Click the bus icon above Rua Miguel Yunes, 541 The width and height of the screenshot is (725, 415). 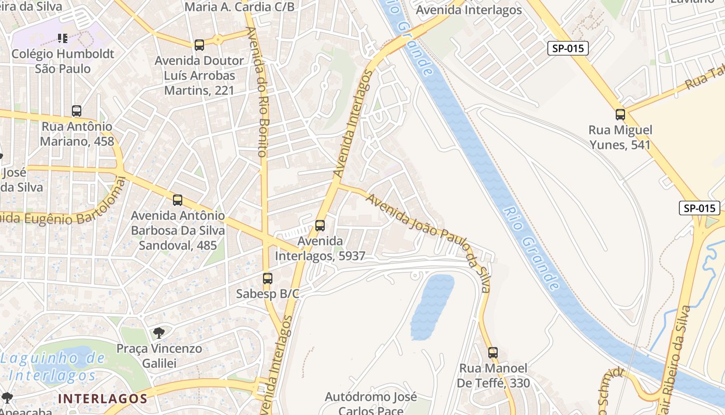click(620, 115)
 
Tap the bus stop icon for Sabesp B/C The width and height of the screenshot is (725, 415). click(267, 279)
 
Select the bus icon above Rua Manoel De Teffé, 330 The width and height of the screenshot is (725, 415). click(493, 353)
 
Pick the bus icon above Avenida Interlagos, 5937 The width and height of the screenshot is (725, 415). click(320, 226)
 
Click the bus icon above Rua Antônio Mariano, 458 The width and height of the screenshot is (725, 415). click(77, 111)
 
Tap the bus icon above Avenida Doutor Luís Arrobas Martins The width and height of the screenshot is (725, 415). click(199, 45)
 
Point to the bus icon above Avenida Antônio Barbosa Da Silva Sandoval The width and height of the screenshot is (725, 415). click(178, 200)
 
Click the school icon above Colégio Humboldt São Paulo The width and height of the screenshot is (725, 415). click(63, 38)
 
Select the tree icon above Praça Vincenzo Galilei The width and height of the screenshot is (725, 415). click(159, 333)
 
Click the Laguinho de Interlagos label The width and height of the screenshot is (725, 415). click(53, 366)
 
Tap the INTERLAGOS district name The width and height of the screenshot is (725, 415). click(103, 398)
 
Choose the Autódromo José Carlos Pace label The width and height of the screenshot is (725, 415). click(370, 404)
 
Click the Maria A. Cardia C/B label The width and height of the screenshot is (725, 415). click(239, 7)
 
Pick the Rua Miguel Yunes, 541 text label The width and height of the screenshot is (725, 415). click(620, 137)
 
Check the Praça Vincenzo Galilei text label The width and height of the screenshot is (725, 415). click(159, 355)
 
